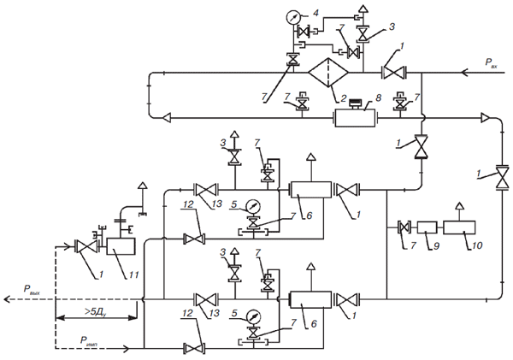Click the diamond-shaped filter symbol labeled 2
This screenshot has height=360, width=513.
[x=328, y=73]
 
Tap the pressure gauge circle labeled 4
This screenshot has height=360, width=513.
[x=292, y=17]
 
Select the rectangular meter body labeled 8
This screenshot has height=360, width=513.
[x=354, y=118]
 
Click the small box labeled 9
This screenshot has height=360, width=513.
[x=427, y=227]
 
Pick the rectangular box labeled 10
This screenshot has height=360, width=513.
[x=459, y=227]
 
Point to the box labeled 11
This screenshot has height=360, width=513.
[x=121, y=246]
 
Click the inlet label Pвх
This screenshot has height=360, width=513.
[x=491, y=62]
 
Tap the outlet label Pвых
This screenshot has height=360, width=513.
[x=32, y=290]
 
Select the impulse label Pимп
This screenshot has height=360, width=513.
[x=89, y=340]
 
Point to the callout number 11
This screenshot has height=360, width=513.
[x=133, y=274]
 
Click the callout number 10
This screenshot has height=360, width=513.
[x=477, y=245]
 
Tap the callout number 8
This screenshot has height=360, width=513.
[x=378, y=97]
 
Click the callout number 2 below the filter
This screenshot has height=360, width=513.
[x=343, y=97]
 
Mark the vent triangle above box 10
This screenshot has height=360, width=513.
[x=460, y=206]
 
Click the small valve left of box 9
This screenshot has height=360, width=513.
[x=404, y=227]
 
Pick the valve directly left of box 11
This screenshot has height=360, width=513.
[x=86, y=246]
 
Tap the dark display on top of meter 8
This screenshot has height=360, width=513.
[x=355, y=103]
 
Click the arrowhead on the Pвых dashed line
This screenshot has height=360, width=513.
[x=7, y=299]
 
